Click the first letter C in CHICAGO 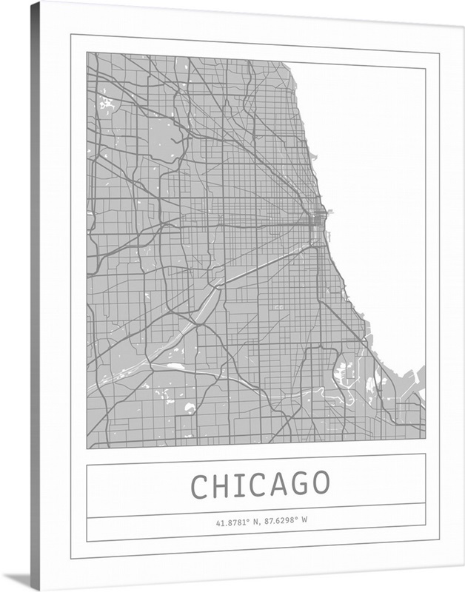(200, 485)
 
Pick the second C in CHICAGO (264, 485)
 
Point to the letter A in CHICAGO (284, 485)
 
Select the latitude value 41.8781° (232, 522)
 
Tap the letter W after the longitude (304, 522)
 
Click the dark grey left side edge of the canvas (35, 296)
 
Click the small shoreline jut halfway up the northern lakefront (313, 157)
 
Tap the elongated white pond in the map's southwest (175, 366)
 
